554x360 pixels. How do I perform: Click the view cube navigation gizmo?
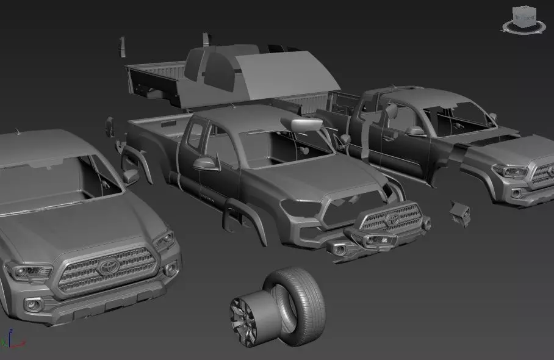[x=523, y=20]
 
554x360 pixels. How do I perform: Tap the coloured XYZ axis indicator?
[x=10, y=339]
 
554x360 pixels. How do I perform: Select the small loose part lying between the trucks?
[x=460, y=213]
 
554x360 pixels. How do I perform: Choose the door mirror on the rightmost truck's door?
[x=415, y=131]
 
